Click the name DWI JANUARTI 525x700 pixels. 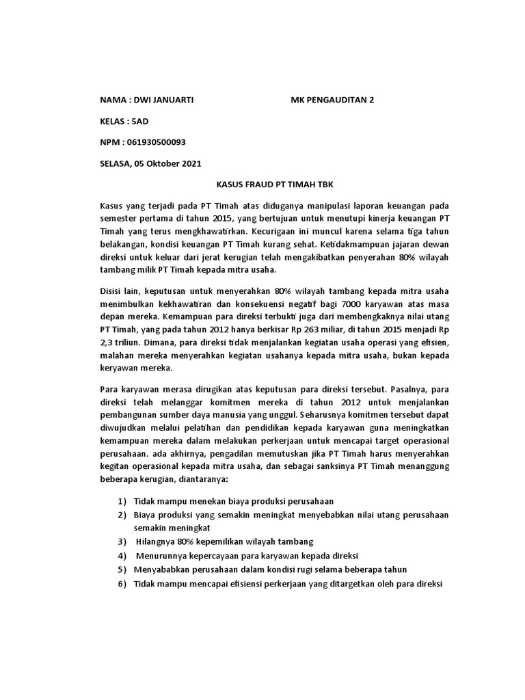(x=164, y=100)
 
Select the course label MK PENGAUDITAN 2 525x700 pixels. (x=332, y=100)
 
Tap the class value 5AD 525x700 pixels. (x=139, y=121)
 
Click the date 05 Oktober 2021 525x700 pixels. (x=168, y=163)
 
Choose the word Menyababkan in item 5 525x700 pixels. (x=161, y=569)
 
